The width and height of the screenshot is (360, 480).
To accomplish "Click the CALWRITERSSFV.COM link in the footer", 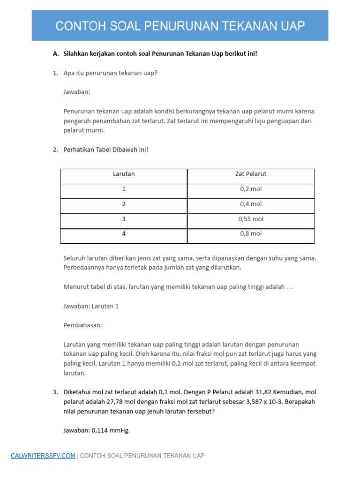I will click(43, 456).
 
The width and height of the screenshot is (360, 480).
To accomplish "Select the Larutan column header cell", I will click(124, 174).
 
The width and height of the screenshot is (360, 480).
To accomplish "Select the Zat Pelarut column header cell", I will click(251, 174).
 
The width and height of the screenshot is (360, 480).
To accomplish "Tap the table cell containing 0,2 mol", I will click(251, 189).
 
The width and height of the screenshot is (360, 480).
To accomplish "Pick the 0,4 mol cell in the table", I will click(251, 204).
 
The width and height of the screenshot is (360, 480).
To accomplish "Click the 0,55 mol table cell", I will click(251, 219).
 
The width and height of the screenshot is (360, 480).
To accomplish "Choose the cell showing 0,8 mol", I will click(251, 234).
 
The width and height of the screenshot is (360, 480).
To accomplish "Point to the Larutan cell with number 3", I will click(124, 219).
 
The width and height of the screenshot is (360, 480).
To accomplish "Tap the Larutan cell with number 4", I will click(124, 234).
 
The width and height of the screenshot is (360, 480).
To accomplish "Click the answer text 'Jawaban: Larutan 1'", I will click(91, 306).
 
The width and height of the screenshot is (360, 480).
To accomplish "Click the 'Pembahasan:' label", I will click(82, 325).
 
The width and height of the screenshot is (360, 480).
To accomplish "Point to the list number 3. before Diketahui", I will click(55, 392).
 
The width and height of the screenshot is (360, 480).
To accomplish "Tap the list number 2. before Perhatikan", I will click(55, 150).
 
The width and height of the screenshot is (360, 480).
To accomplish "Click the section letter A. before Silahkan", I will click(56, 53).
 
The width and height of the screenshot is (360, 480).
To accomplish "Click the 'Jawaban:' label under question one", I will click(76, 92).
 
